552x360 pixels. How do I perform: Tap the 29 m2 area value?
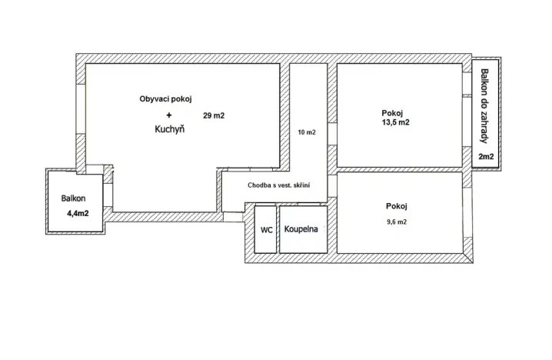coord(214,115)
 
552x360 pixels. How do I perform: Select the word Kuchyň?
coord(169,130)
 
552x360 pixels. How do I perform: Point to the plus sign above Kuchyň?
coord(169,115)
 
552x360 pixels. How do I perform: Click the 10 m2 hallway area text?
coord(306,132)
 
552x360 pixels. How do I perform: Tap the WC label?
coord(266,229)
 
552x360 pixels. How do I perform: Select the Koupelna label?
coord(302,229)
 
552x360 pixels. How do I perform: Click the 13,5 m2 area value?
coord(394,122)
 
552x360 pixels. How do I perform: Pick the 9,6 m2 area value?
coord(396,222)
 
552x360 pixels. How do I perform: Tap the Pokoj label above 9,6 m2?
coord(396,206)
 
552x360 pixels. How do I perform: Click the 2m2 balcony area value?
coord(486,157)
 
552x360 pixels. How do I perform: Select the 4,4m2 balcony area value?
coord(76,213)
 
